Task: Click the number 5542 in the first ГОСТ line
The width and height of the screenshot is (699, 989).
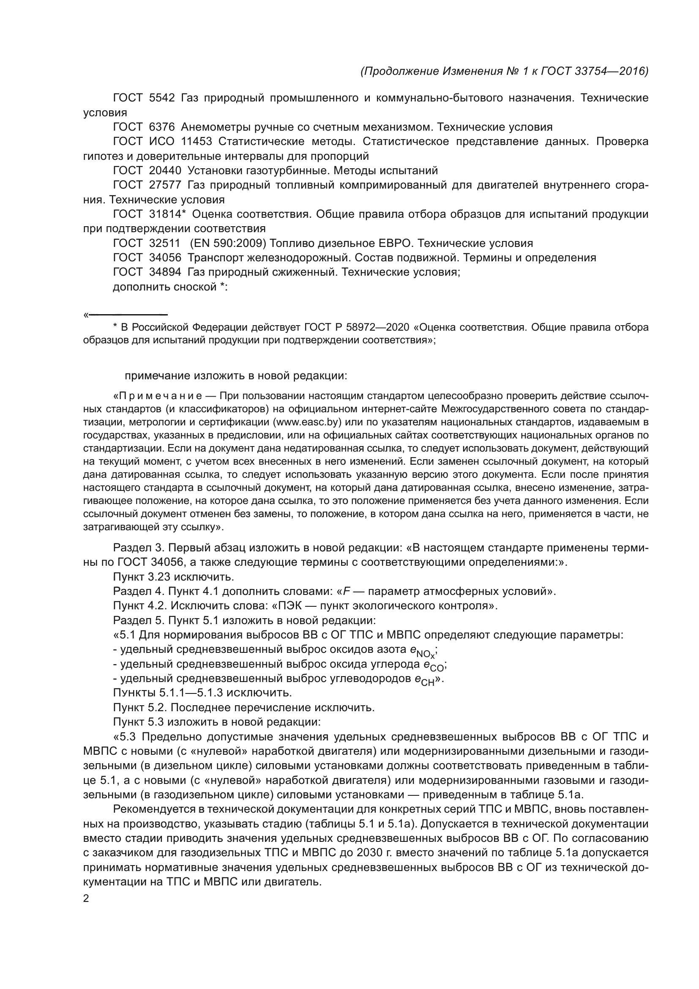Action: [x=162, y=98]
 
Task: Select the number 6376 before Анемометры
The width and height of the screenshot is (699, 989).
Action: [x=162, y=127]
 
